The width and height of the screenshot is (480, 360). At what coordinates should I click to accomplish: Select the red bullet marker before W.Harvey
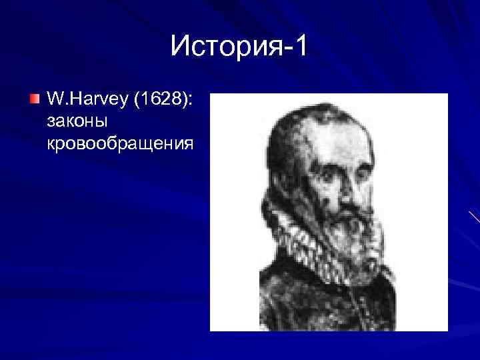[35, 101]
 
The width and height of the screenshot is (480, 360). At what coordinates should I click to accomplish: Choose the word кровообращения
[120, 143]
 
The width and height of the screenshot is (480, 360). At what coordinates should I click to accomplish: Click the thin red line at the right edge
[474, 216]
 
